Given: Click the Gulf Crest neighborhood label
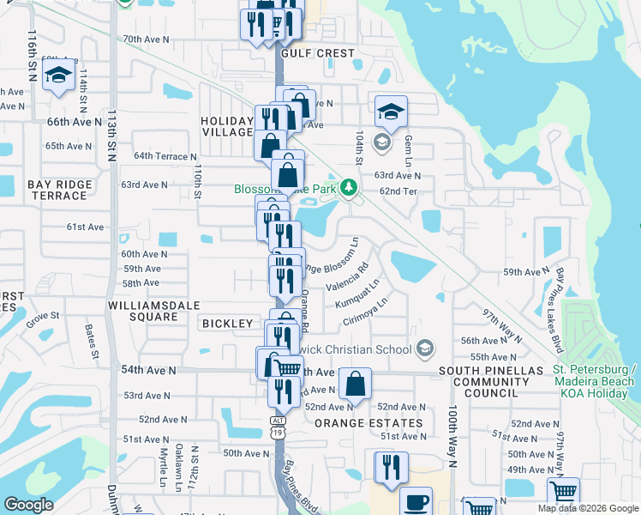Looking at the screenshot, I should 316,53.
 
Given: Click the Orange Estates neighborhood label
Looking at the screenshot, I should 368,423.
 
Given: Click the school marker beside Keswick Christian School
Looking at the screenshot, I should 425,348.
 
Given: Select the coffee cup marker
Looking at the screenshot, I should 416,501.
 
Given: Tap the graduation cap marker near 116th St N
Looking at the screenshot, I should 59,76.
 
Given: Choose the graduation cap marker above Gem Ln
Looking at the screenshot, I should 390,111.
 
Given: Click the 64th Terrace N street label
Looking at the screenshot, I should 165,156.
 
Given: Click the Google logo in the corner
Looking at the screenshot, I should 28,504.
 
